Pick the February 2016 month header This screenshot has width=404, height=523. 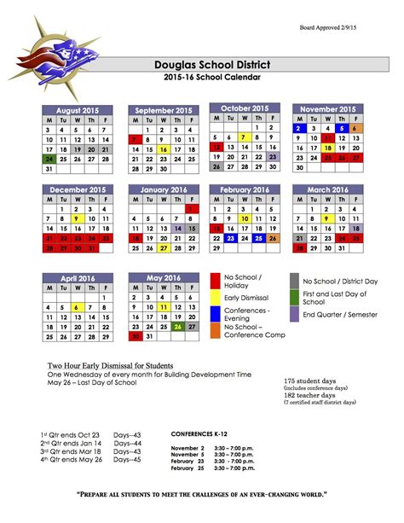[x=245, y=189]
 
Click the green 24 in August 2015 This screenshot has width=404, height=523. [x=49, y=159]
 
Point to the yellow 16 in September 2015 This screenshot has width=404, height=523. [x=163, y=148]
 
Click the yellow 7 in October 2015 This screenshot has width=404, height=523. [x=244, y=137]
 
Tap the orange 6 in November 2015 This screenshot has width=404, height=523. [x=355, y=128]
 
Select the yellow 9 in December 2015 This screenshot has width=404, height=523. [x=78, y=218]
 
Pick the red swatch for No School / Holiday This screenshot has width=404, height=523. [x=216, y=282]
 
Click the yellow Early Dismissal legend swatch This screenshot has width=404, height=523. [x=216, y=298]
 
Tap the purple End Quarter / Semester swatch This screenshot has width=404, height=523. [x=295, y=315]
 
